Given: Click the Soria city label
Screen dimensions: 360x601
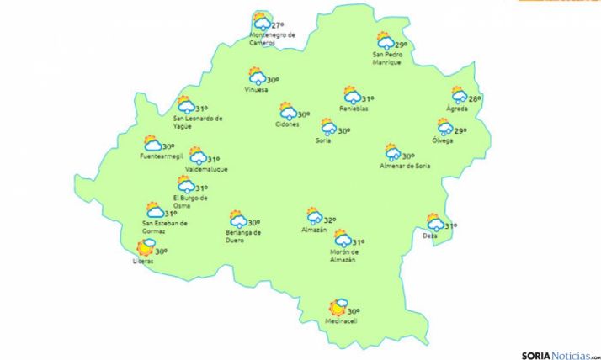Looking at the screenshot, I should click(323, 140).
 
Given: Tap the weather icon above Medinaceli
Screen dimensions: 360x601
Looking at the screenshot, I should click(340, 308).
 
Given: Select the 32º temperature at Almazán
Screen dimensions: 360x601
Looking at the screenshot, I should click(330, 220).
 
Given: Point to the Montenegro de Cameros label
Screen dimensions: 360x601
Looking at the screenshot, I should click(273, 39).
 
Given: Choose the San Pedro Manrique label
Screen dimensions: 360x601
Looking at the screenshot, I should click(387, 59).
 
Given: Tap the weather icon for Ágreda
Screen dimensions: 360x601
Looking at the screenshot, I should click(459, 97).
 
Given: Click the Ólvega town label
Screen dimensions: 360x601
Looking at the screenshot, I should click(443, 140).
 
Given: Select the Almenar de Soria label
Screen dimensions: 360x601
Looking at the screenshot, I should click(405, 166).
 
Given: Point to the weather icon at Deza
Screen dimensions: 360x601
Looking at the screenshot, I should click(434, 223).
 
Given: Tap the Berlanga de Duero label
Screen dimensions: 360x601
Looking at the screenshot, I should click(244, 236).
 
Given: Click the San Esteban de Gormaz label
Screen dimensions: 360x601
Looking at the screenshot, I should click(165, 227).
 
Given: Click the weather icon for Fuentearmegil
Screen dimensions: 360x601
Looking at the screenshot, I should click(152, 144).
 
